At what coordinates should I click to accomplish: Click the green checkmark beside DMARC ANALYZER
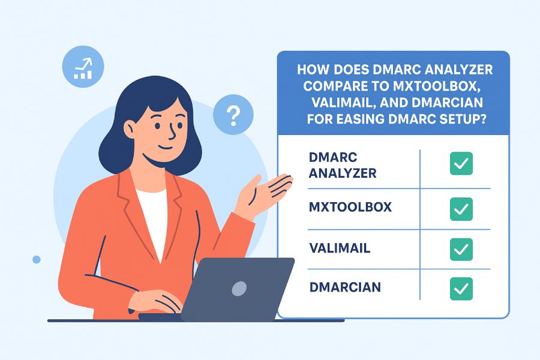pos(461,163)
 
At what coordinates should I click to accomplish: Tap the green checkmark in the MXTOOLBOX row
pos(461,208)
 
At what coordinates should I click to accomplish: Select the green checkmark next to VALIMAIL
pos(461,248)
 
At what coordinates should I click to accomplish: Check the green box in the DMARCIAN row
pos(461,288)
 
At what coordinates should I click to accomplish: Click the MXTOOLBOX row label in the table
pos(350,208)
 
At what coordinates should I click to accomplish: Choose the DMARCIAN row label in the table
pos(345,287)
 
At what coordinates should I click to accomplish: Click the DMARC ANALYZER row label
pos(343,165)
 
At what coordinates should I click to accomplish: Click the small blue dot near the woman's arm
pos(37,259)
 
